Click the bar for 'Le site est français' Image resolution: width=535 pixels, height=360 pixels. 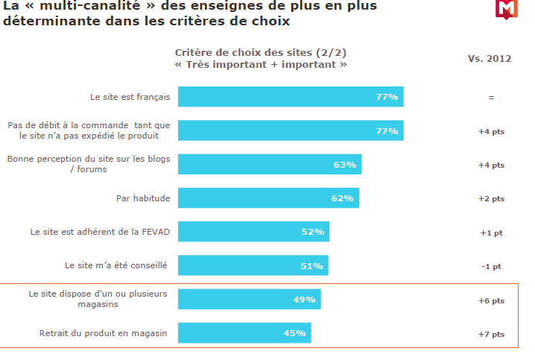[x=291, y=97]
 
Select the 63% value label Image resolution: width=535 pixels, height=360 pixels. [x=345, y=165]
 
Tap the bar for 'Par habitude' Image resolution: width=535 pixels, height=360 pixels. [x=268, y=198]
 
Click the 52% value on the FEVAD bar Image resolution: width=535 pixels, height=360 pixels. [x=313, y=232]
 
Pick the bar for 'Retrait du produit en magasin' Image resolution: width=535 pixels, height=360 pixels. [x=244, y=333]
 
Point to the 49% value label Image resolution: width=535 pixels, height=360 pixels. [x=305, y=300]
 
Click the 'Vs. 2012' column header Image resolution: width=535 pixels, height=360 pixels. [x=490, y=59]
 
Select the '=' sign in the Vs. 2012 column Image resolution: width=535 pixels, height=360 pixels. [x=491, y=98]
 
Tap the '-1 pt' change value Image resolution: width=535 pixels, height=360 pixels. [x=491, y=266]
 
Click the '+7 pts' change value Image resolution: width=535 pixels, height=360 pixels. [x=491, y=334]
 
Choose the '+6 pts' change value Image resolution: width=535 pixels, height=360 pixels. [x=491, y=300]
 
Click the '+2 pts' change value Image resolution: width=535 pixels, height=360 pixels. [x=491, y=199]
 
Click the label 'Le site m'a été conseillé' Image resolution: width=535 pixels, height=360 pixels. [x=116, y=265]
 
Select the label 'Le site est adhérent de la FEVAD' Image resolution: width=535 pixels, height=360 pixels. [x=101, y=232]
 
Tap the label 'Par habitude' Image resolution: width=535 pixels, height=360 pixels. [x=143, y=198]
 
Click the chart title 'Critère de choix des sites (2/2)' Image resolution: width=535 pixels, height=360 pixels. [x=260, y=52]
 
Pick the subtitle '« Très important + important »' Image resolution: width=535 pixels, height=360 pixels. [x=260, y=65]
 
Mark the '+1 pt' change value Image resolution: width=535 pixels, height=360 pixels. [x=491, y=233]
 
